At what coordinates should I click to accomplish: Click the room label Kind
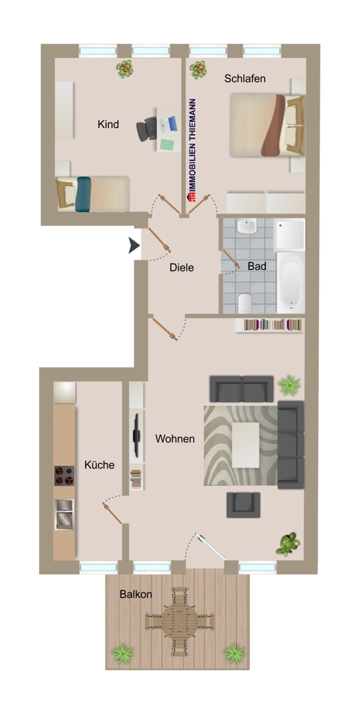click(108, 124)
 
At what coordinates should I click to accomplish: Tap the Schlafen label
click(245, 78)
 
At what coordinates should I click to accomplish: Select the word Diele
click(182, 268)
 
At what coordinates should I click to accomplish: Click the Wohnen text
click(175, 439)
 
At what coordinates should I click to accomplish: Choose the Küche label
click(99, 465)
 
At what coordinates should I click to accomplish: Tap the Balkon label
click(135, 595)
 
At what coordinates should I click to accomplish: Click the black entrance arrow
click(133, 245)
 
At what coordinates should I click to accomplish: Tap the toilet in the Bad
click(245, 303)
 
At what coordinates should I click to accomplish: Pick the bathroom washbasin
click(247, 227)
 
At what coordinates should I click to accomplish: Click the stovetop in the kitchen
click(64, 474)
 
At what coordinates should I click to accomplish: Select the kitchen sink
click(64, 513)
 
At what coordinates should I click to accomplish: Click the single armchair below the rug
click(243, 504)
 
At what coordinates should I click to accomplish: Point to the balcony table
click(176, 622)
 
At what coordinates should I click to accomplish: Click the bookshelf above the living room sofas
click(273, 325)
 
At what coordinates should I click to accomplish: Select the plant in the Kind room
click(125, 69)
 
